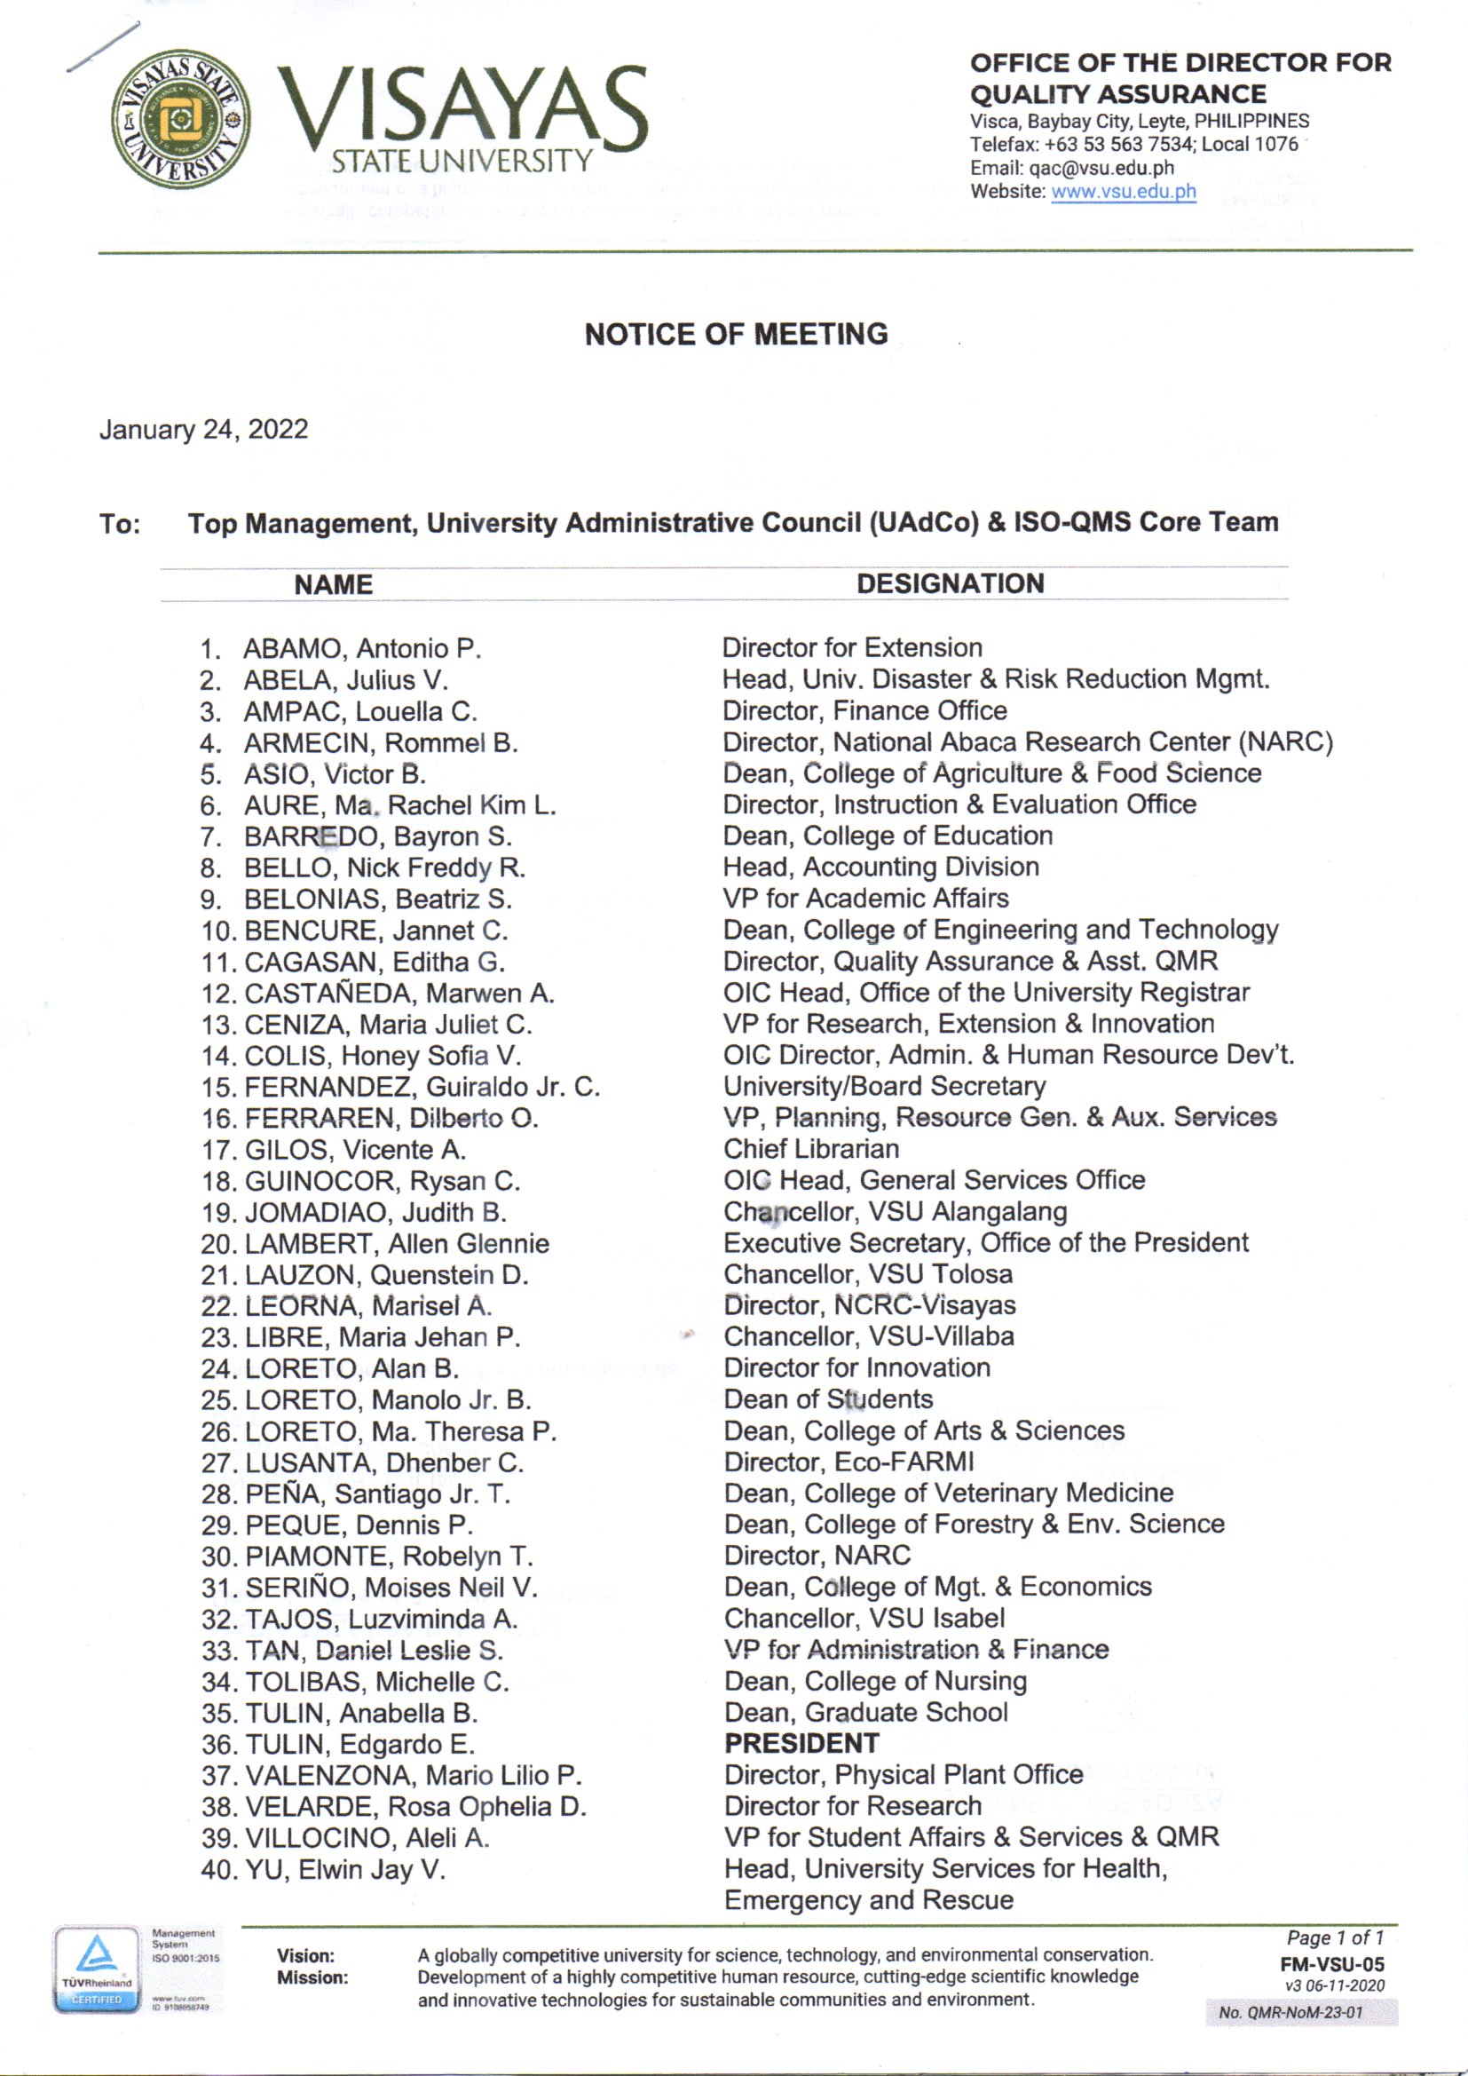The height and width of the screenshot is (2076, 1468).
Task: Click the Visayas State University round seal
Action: tap(180, 118)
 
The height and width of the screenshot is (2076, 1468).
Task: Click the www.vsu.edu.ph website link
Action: tap(1123, 192)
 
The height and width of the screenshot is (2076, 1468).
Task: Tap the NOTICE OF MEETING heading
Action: tap(736, 335)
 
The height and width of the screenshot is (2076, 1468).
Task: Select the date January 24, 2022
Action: tap(203, 429)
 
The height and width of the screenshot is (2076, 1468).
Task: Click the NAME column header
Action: tap(333, 584)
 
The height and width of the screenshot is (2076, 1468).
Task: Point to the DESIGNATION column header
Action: tap(950, 583)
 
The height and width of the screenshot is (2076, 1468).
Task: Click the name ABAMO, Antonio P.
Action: tap(361, 648)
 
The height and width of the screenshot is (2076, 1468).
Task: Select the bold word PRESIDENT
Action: tap(801, 1742)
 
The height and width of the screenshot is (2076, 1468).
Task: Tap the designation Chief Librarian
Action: tap(811, 1148)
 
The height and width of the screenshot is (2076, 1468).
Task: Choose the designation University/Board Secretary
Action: tap(884, 1085)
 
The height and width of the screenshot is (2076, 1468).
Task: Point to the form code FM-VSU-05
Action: tap(1331, 1964)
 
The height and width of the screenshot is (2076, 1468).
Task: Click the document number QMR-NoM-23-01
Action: tap(1290, 2013)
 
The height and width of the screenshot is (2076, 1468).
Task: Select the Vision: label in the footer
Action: tap(305, 1956)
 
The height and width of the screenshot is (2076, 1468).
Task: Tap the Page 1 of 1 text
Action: tap(1334, 1937)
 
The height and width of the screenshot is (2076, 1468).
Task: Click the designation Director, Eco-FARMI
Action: tap(848, 1462)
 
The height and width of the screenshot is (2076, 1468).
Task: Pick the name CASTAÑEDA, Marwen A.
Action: tap(399, 993)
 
